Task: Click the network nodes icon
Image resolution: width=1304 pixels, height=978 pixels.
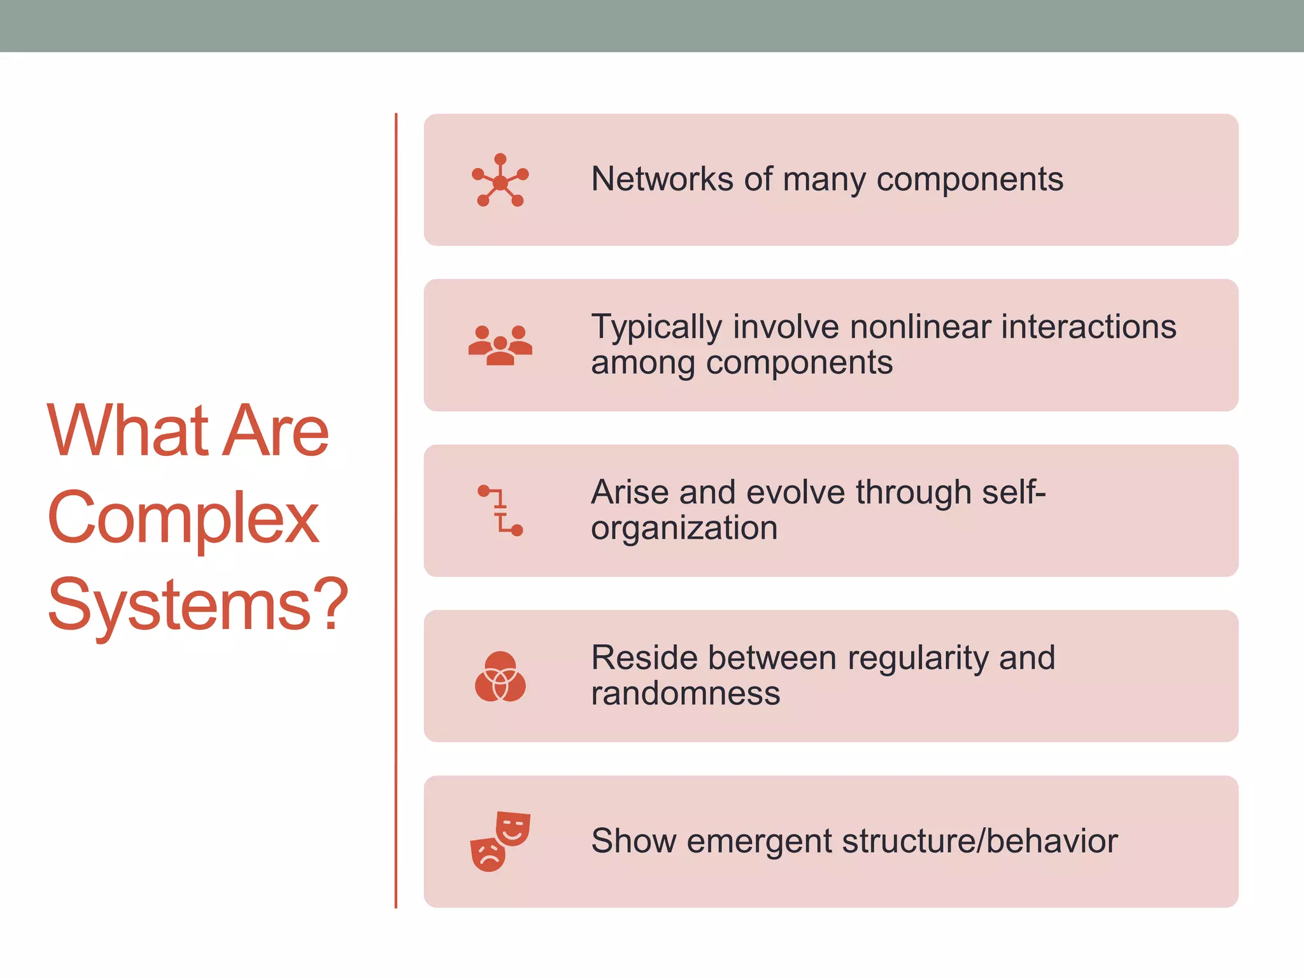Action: [500, 180]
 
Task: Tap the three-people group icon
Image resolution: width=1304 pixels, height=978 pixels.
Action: [500, 345]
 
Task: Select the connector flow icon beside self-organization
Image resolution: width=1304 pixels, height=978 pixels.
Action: [500, 510]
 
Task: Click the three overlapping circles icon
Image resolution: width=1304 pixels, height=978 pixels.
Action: [500, 676]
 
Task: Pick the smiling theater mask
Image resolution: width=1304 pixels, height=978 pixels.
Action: [513, 828]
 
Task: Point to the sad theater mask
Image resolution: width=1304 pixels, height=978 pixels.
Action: [488, 854]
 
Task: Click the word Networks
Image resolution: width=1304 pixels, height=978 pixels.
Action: [662, 179]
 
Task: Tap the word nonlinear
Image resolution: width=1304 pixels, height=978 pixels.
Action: [920, 327]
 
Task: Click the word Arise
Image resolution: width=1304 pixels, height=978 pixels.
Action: [629, 492]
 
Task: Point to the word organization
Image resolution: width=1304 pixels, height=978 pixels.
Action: [684, 528]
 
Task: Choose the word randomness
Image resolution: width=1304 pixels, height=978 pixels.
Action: [685, 693]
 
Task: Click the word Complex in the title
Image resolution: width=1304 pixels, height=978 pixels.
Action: [183, 518]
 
